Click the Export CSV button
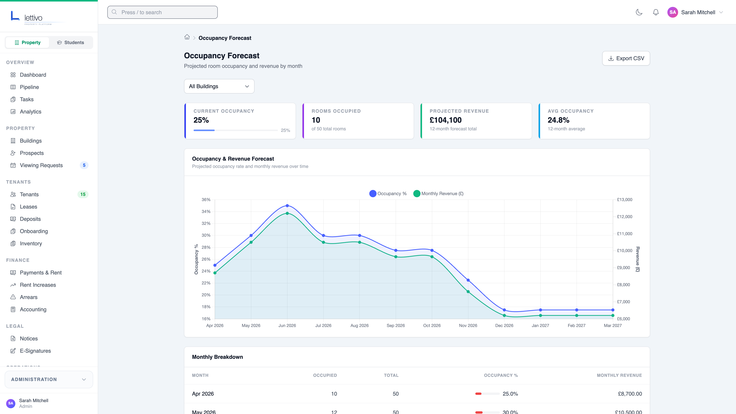click(x=626, y=58)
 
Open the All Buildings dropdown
click(x=219, y=86)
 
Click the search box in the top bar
click(x=162, y=12)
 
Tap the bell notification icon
click(x=656, y=12)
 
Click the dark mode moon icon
click(x=639, y=12)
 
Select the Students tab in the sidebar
click(x=71, y=43)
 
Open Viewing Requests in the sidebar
click(x=41, y=165)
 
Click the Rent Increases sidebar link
click(x=38, y=285)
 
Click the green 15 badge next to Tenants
click(x=83, y=194)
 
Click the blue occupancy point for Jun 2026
click(x=287, y=206)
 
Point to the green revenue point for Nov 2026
click(x=468, y=292)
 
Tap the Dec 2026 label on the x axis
click(x=504, y=325)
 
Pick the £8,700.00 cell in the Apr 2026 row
click(x=630, y=394)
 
